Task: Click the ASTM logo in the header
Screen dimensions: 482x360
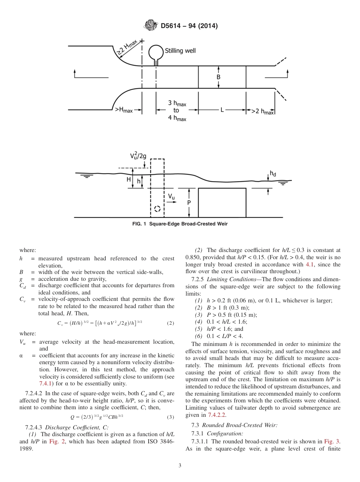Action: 151,25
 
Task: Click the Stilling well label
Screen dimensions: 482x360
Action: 180,50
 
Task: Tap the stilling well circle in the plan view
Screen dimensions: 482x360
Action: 155,51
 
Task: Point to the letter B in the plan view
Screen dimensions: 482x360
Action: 218,77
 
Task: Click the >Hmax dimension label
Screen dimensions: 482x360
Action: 124,111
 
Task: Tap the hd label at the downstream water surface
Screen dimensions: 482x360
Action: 273,174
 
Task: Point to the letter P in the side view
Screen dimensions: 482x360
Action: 189,203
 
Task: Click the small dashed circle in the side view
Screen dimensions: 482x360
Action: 157,209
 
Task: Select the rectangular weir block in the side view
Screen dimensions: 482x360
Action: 222,203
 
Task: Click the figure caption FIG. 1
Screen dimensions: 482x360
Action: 180,224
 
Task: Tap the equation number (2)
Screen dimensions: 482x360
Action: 171,323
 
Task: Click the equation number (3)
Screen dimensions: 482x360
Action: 171,417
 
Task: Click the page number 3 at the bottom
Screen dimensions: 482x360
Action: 180,466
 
